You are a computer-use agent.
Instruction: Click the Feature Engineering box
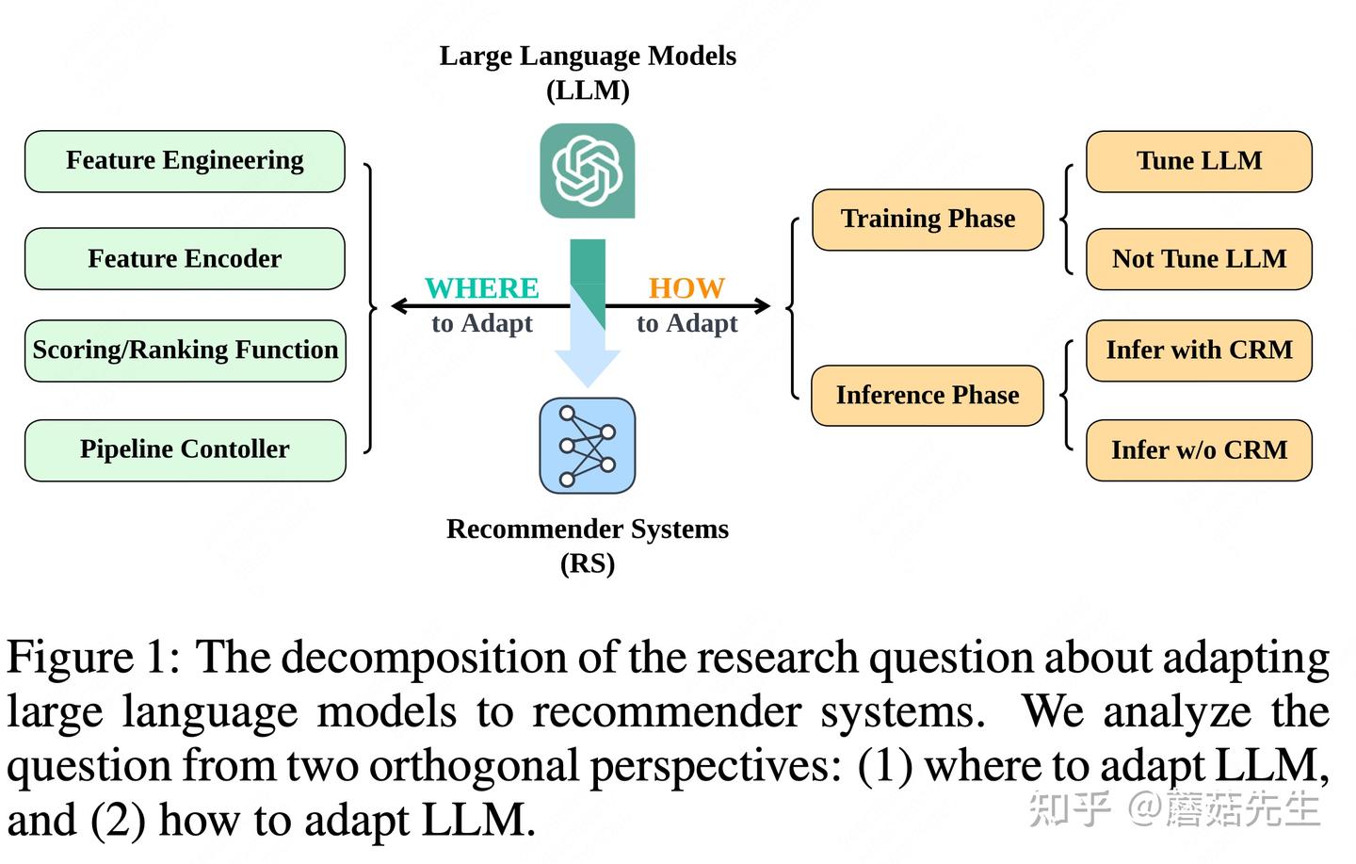click(185, 161)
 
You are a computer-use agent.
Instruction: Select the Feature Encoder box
click(185, 258)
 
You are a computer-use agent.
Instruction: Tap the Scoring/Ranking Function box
click(185, 350)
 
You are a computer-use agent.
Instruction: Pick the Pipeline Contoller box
click(185, 449)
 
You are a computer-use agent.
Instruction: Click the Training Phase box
click(928, 220)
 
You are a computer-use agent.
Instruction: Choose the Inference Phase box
click(928, 395)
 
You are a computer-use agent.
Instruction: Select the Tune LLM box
click(1199, 161)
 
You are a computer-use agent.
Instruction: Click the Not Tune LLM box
click(1199, 259)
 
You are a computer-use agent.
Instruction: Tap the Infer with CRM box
click(1199, 350)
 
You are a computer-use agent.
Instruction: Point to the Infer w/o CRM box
click(1199, 450)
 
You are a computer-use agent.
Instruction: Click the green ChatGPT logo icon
click(588, 171)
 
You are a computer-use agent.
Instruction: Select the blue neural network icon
click(588, 446)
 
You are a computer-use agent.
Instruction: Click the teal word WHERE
click(481, 288)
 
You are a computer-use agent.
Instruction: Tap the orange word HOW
click(686, 288)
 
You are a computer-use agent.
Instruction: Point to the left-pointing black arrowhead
click(399, 305)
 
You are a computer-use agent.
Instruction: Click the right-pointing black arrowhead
click(762, 305)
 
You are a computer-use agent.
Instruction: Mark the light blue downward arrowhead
click(588, 367)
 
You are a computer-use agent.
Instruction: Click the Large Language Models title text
click(588, 57)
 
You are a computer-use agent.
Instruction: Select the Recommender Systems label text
click(588, 530)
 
